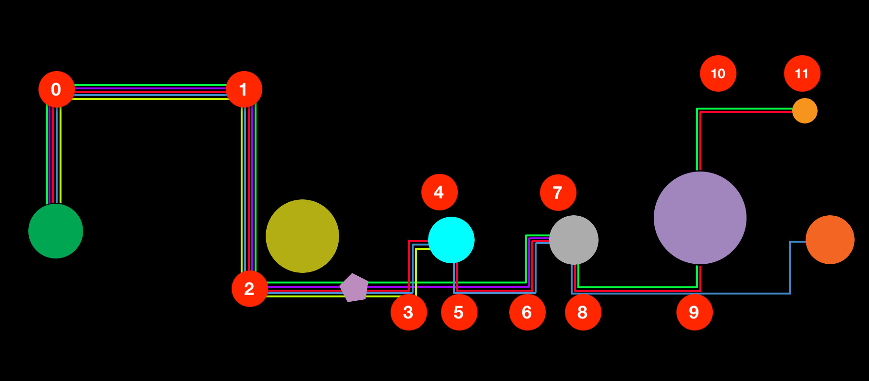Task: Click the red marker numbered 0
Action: point(57,89)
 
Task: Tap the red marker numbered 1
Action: point(244,89)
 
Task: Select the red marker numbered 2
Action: point(250,289)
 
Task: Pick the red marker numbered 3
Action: point(409,312)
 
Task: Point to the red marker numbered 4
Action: point(440,192)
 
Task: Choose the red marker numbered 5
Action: point(459,312)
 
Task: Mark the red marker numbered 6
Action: point(527,312)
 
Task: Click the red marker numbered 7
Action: point(558,193)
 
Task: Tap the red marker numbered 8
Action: point(583,312)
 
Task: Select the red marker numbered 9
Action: point(695,312)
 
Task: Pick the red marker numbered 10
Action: point(718,74)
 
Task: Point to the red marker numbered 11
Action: point(802,74)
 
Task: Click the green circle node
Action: point(56,231)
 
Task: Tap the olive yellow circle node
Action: point(302,236)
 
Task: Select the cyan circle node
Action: point(451,240)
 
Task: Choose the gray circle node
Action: point(574,240)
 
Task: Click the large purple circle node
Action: point(700,218)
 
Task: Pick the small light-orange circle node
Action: point(805,111)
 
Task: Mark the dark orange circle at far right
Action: point(830,240)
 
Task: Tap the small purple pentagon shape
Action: point(355,288)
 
